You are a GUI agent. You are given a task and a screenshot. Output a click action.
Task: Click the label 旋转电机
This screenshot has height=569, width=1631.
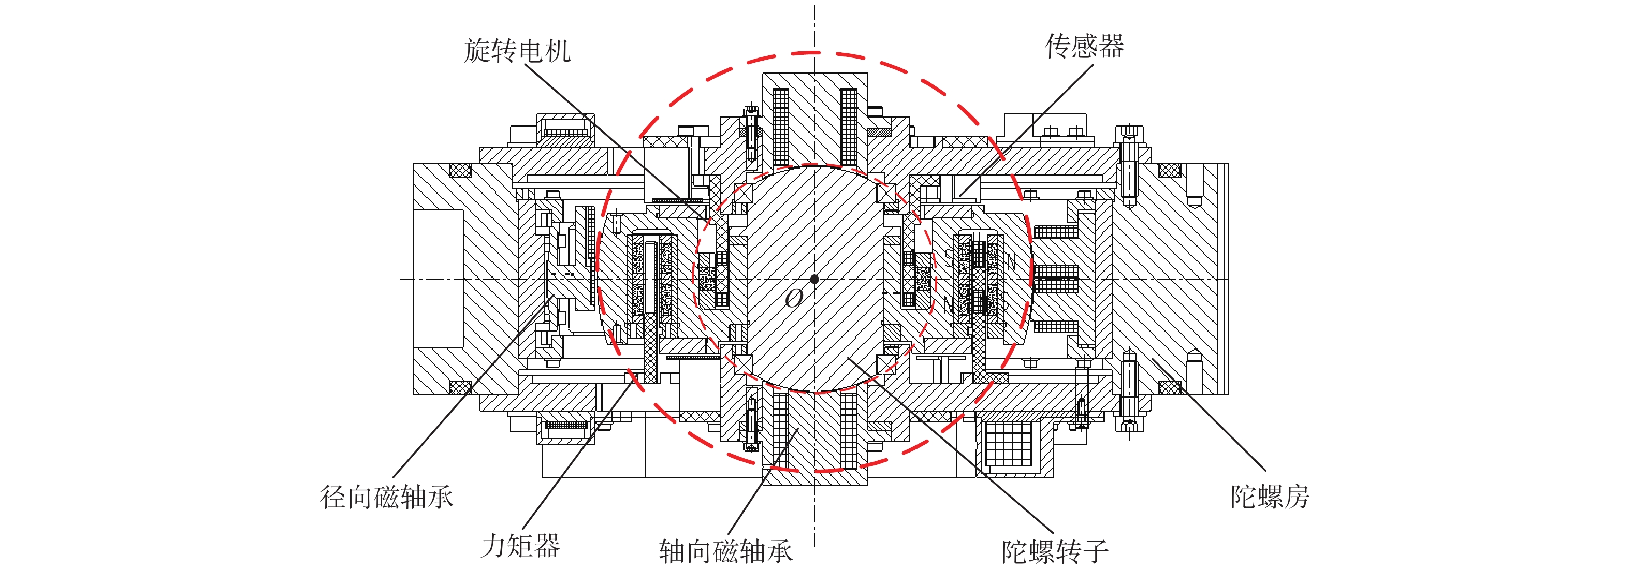click(x=517, y=51)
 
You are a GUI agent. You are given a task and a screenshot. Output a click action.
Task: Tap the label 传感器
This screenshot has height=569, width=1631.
click(x=1084, y=46)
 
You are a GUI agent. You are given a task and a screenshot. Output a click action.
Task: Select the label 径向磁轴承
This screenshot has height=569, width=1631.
click(x=387, y=497)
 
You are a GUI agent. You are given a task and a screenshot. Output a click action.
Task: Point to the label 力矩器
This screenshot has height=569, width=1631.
click(x=520, y=546)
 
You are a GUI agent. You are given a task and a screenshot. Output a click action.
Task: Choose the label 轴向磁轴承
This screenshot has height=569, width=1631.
click(x=725, y=551)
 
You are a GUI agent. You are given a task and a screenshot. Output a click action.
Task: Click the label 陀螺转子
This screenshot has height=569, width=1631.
click(x=1055, y=551)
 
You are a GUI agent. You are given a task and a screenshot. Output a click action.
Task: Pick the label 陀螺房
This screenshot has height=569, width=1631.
click(x=1270, y=497)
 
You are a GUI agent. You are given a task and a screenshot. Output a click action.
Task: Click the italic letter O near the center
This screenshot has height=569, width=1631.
click(x=794, y=298)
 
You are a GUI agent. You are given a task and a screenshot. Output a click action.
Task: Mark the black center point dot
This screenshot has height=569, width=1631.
click(x=815, y=279)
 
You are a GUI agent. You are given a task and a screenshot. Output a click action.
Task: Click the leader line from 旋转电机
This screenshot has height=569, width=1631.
click(x=617, y=142)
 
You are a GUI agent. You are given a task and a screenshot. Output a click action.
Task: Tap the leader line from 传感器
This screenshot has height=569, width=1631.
click(x=1026, y=130)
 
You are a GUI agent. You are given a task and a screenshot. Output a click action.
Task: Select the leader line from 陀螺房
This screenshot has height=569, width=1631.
click(x=1208, y=415)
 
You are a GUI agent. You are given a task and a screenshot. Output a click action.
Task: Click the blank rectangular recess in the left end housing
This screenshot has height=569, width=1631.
click(x=438, y=279)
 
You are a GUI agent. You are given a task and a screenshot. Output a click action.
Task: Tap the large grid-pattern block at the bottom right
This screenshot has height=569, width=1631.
click(x=1008, y=444)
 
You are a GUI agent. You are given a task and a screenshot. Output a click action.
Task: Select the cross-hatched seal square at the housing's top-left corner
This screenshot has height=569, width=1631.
click(x=460, y=170)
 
